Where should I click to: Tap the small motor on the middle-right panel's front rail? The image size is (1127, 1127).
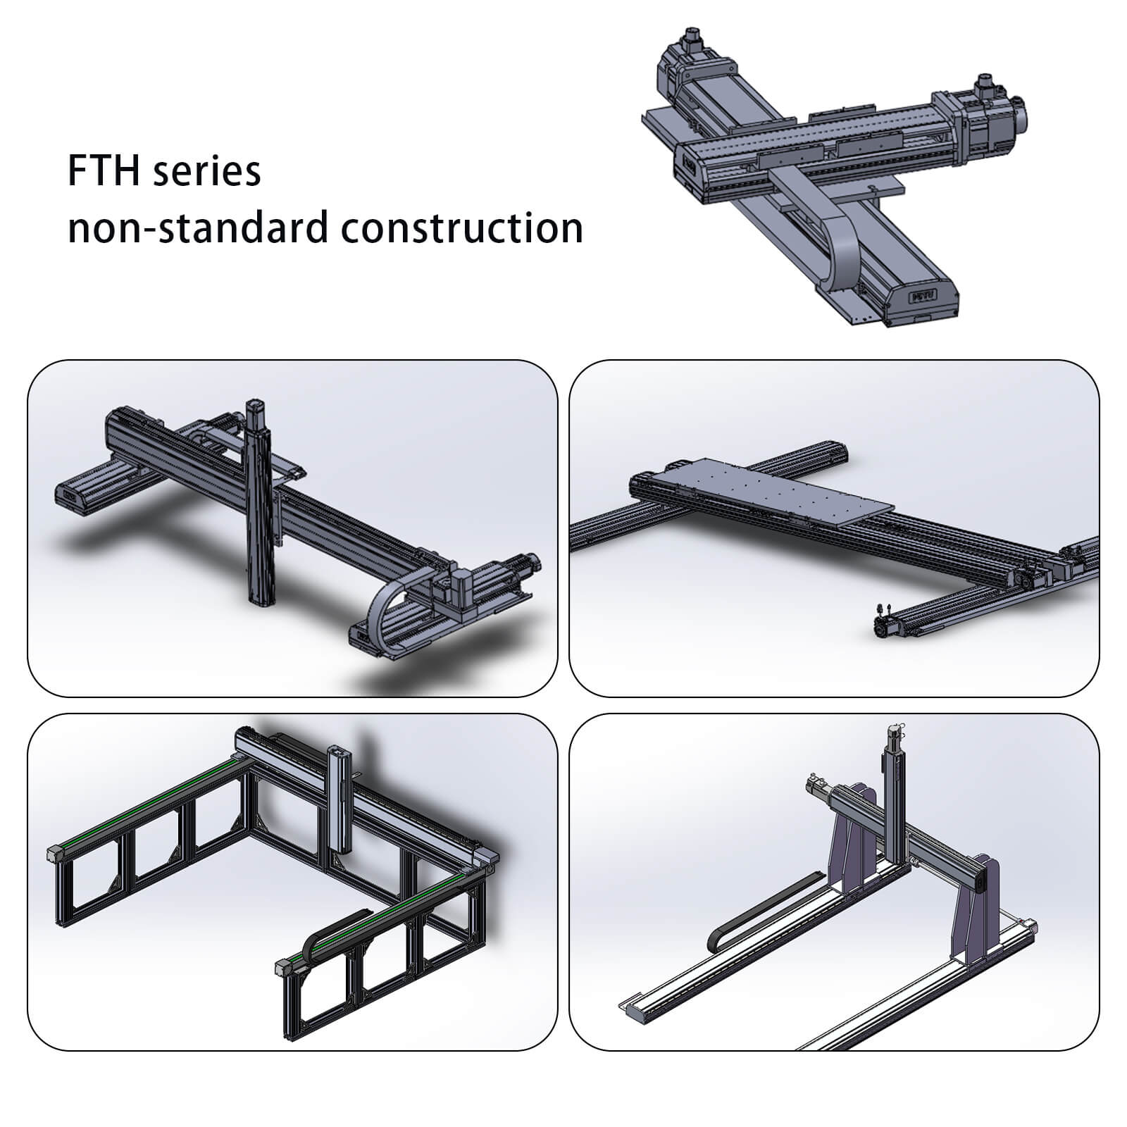[886, 619]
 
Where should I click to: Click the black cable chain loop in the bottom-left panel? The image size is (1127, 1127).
[335, 934]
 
